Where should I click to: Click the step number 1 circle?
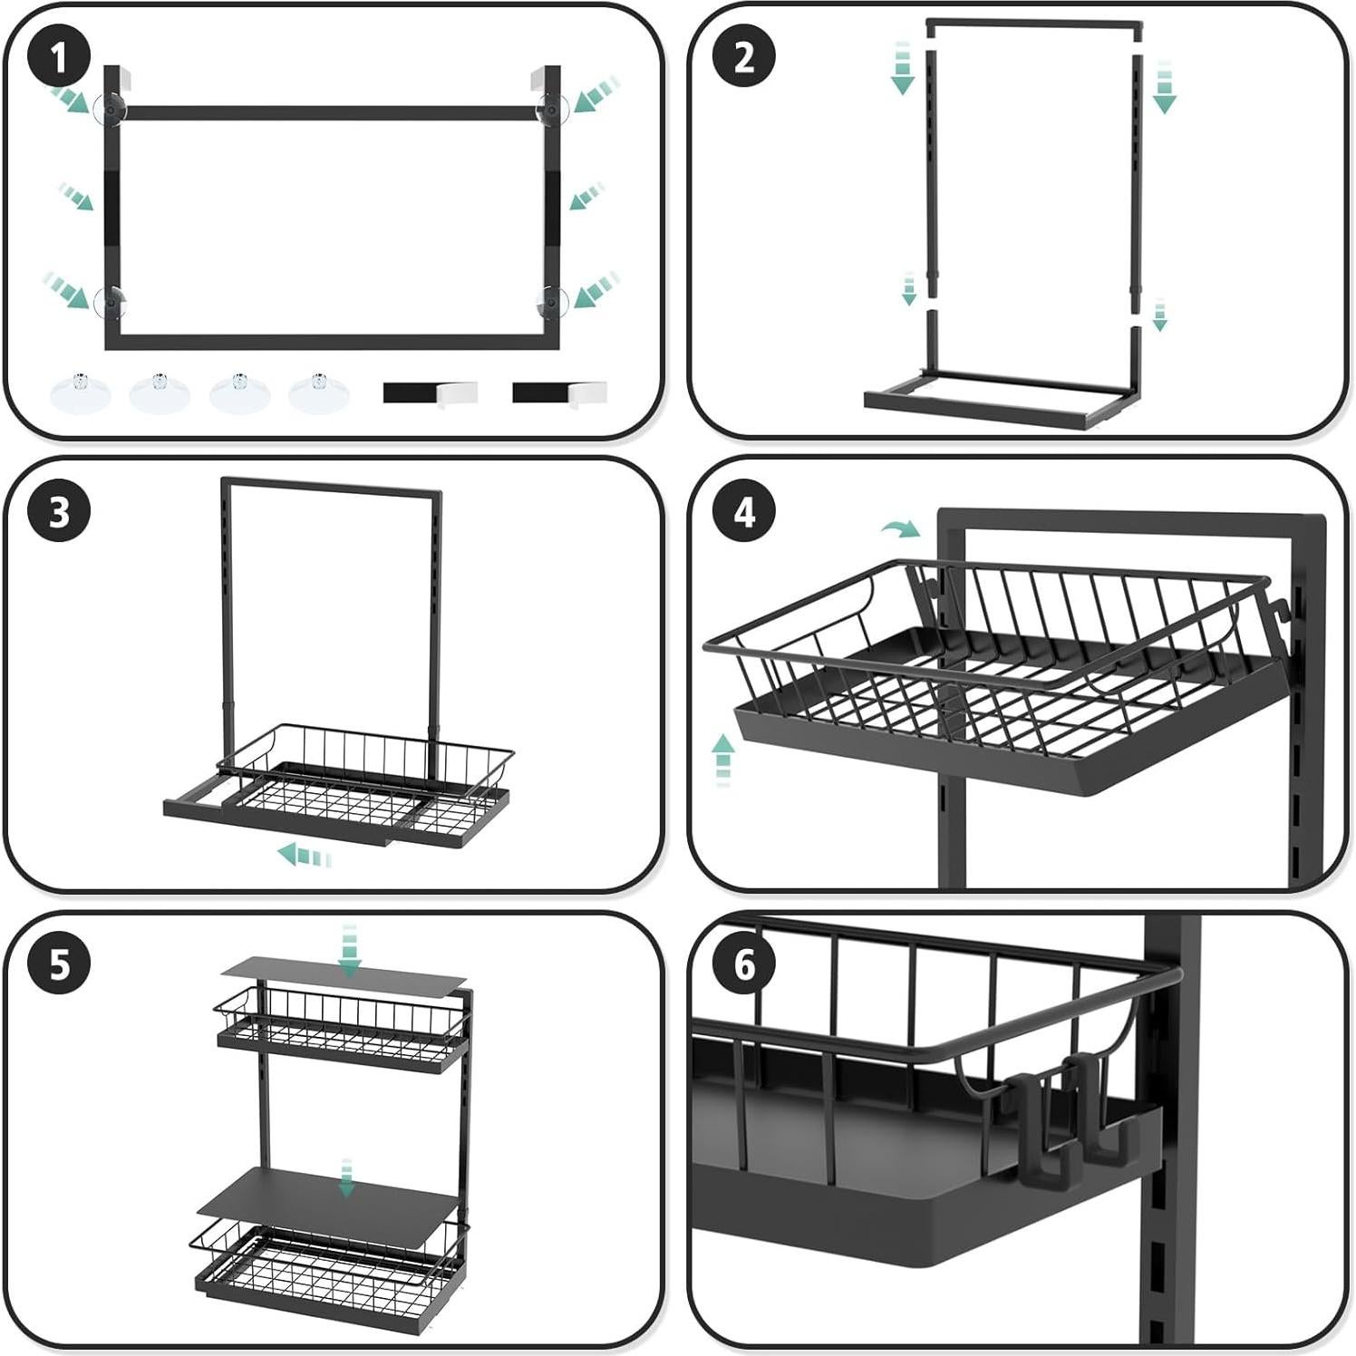coord(59,58)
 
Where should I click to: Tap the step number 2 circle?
coord(744,58)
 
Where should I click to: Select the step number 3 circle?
coord(59,512)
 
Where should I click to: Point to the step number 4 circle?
coord(744,512)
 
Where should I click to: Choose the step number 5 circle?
coord(59,964)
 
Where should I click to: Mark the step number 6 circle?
coord(744,964)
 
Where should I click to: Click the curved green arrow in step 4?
coord(900,528)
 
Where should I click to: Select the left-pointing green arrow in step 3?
coord(304,854)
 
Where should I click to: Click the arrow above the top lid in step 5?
coord(349,951)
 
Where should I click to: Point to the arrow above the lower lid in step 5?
coord(345,1177)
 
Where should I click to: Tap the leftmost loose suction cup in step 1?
coord(80,392)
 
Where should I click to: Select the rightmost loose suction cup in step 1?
coord(319,392)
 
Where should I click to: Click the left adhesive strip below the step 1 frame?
coord(429,393)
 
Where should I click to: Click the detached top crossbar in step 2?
coord(1033,27)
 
